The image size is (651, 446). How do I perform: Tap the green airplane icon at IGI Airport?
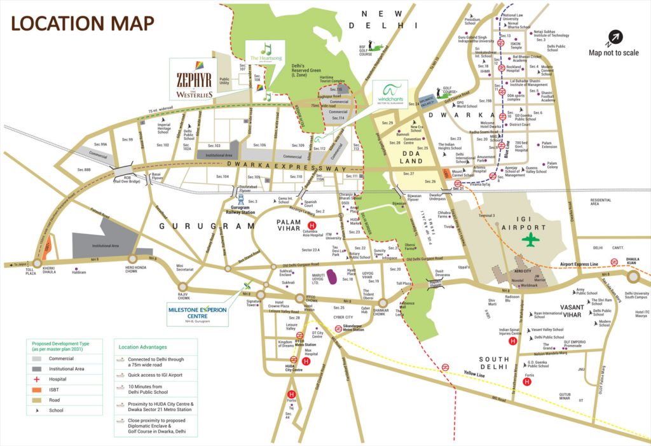tap(530, 239)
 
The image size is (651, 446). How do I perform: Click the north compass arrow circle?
tap(613, 38)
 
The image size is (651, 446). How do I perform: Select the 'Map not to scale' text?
tap(613, 53)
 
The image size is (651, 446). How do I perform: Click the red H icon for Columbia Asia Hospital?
tap(312, 225)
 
